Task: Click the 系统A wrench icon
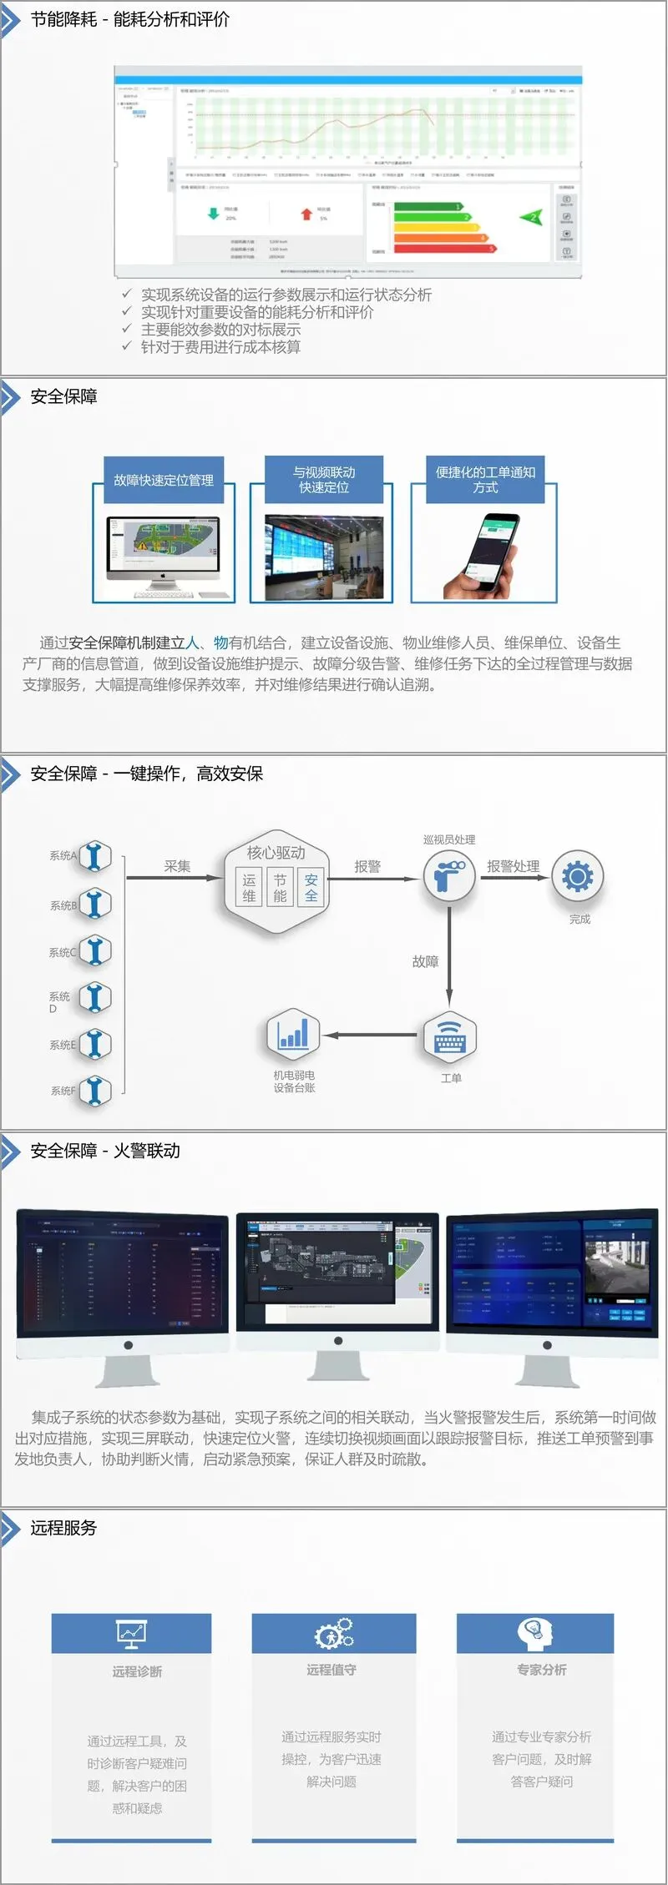[x=95, y=857]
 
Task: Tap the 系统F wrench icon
[x=95, y=1090]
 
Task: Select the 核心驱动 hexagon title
[x=276, y=852]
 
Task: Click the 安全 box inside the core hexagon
[x=311, y=888]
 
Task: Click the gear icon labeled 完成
[x=577, y=876]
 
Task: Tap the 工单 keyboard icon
[x=450, y=1036]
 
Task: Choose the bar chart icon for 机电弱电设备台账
[x=293, y=1035]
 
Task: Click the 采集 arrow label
[x=177, y=866]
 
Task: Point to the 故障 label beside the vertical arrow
[x=425, y=961]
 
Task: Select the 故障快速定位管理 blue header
[x=164, y=480]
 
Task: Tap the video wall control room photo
[x=324, y=557]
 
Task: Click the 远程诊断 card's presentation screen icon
[x=131, y=1633]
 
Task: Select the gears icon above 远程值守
[x=334, y=1633]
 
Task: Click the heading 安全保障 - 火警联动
[x=105, y=1151]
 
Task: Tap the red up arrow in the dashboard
[x=306, y=214]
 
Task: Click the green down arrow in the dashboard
[x=213, y=214]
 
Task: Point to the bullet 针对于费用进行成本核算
[x=220, y=347]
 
